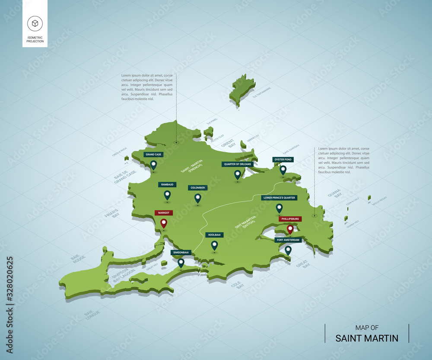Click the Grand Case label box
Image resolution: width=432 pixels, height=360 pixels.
pyautogui.click(x=154, y=154)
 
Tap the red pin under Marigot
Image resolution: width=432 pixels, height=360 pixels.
pyautogui.click(x=164, y=223)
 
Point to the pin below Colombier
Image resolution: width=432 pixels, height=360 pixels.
pyautogui.click(x=198, y=198)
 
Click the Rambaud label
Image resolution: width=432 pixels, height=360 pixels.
pyautogui.click(x=167, y=185)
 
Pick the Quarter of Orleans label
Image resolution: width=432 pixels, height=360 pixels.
pyautogui.click(x=237, y=164)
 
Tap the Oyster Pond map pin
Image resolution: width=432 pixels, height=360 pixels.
pyautogui.click(x=283, y=170)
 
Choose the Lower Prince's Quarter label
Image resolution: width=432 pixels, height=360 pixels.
pyautogui.click(x=279, y=198)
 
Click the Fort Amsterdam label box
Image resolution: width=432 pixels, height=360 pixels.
pyautogui.click(x=287, y=240)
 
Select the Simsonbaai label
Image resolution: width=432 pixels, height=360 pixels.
pyautogui.click(x=181, y=252)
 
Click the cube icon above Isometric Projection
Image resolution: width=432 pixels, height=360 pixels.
pyautogui.click(x=35, y=23)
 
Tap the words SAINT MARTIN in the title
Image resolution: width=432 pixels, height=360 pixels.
pyautogui.click(x=367, y=338)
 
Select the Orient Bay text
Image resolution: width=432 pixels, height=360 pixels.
pyautogui.click(x=232, y=143)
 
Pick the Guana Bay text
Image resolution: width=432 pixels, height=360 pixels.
pyautogui.click(x=335, y=193)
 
